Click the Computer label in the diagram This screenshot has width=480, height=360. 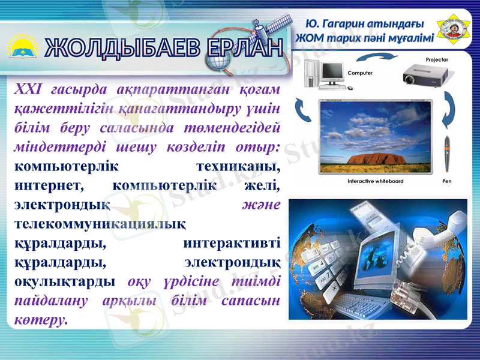360,73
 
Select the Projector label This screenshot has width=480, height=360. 437,60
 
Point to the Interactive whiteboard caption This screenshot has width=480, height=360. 376,181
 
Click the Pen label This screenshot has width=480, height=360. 447,181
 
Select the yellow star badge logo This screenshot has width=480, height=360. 454,26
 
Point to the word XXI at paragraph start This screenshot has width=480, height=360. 27,90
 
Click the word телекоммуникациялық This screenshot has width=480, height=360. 99,224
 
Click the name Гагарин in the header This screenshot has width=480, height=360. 347,25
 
